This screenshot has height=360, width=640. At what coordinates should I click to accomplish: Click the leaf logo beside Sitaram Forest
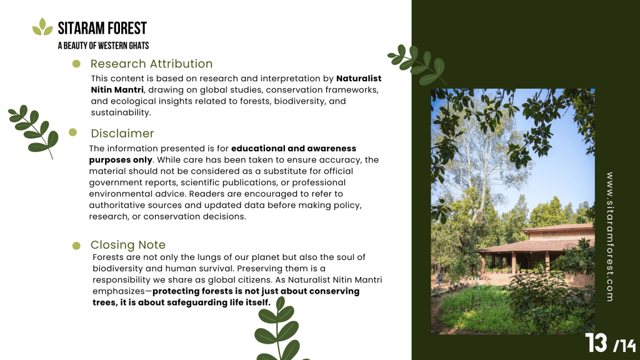(42, 27)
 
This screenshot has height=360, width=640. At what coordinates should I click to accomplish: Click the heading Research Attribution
(151, 64)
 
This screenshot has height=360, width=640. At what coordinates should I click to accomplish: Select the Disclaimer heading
(122, 134)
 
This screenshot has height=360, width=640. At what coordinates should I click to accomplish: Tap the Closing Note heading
(127, 244)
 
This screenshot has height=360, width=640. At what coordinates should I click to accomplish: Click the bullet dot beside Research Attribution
(76, 64)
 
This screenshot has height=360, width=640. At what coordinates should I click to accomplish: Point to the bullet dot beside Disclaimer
(73, 132)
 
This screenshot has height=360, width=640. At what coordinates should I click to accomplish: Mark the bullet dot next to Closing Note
(76, 245)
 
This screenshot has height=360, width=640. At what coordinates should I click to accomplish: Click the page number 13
(596, 343)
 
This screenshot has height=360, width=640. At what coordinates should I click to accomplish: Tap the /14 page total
(624, 346)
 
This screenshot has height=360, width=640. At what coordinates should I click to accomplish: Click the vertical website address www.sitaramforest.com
(610, 237)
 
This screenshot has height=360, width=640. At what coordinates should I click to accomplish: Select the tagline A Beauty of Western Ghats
(103, 46)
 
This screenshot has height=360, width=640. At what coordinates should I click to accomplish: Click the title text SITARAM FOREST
(102, 28)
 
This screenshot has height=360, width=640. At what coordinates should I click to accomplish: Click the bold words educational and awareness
(294, 148)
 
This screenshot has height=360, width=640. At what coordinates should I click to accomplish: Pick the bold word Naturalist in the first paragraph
(359, 78)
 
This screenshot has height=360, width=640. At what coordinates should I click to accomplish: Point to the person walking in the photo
(441, 278)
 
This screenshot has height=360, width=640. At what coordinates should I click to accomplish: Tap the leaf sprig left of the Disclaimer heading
(34, 131)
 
